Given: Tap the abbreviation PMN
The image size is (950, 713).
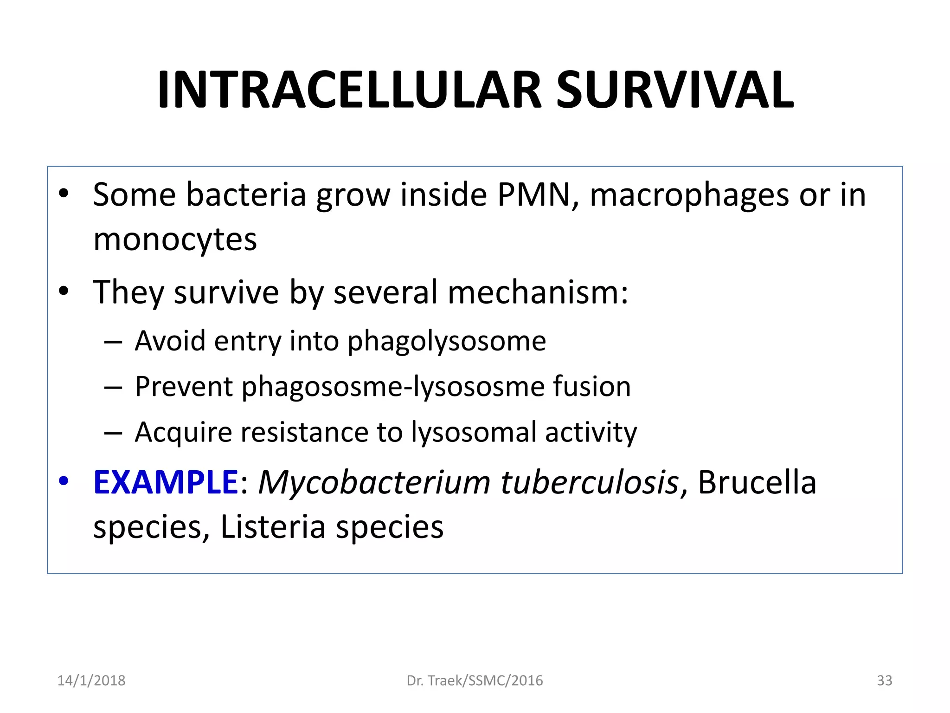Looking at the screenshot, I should pos(534,194).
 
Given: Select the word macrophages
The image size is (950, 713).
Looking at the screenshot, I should pos(689,195).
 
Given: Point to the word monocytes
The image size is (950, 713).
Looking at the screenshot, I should pos(175,240).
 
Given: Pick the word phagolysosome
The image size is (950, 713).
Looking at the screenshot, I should pos(446,342).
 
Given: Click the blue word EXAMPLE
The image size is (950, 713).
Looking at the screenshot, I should pos(166,482).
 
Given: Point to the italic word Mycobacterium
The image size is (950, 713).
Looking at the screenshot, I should pos(374,483).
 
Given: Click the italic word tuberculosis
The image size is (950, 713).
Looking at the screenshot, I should pos(589,483).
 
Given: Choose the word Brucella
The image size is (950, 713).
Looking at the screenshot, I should pos(757,483).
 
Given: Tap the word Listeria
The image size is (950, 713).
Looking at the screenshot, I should pos(273,527).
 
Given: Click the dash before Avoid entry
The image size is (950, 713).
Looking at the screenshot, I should pos(113,343).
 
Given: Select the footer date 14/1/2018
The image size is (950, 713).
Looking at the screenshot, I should pos(91,681).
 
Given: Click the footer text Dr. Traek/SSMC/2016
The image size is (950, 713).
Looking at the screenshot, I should pos(475,681).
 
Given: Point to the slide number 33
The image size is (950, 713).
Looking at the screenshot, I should pos(884,681).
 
